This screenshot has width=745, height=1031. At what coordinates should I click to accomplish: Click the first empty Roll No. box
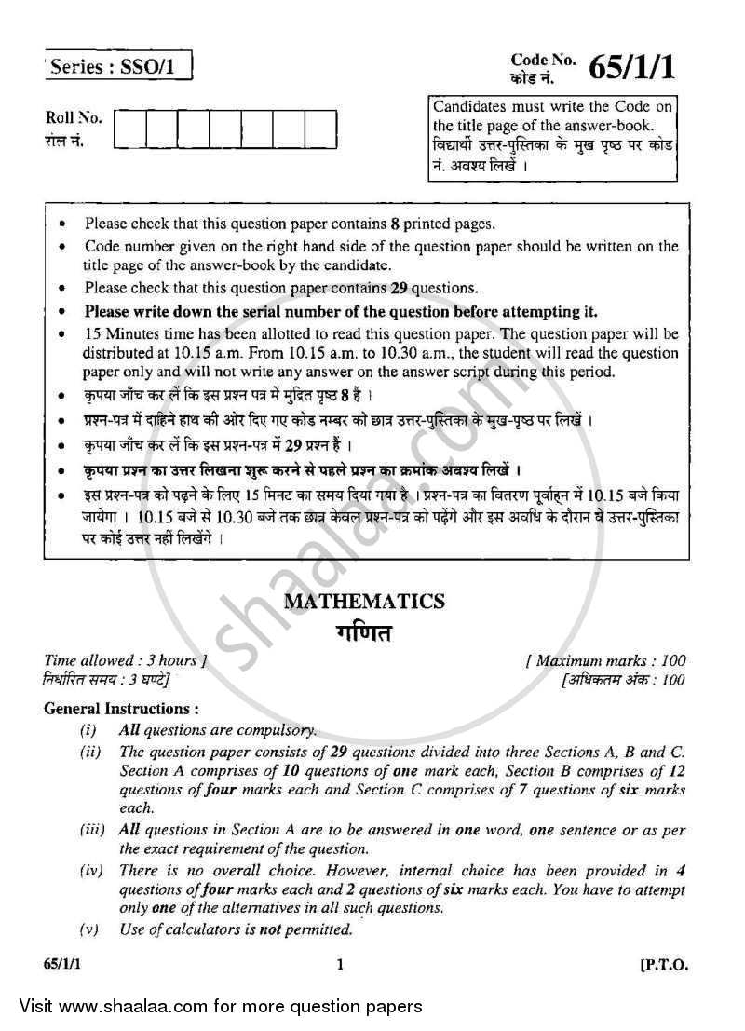pos(129,129)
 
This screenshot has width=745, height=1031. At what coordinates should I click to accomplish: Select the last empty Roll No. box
pos(320,129)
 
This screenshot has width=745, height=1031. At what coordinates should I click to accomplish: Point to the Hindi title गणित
pos(364,633)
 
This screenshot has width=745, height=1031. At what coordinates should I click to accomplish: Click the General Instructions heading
pos(121,709)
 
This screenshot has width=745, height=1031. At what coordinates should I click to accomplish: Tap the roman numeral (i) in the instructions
pos(89,730)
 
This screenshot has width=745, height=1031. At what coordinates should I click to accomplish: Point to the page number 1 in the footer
pos(342,966)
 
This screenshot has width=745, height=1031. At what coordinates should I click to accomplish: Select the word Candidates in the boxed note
pos(467,108)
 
